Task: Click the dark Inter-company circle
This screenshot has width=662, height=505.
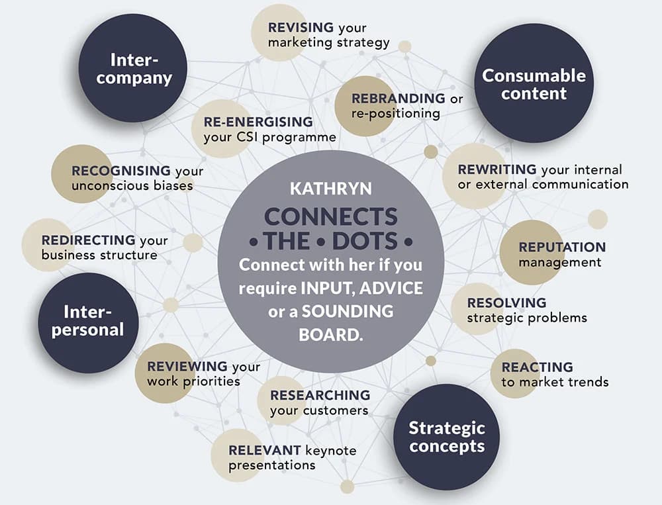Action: [133, 68]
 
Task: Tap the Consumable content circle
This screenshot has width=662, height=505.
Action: [534, 83]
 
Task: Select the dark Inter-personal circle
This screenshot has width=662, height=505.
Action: [88, 322]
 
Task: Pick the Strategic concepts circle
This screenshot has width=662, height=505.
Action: [446, 437]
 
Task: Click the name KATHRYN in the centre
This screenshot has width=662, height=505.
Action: [331, 189]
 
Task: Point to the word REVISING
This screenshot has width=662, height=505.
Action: [301, 27]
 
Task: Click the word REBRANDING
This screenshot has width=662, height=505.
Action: [398, 98]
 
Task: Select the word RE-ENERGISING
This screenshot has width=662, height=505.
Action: [258, 122]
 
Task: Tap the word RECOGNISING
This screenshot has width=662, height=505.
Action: [120, 171]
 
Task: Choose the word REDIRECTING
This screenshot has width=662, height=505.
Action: [88, 240]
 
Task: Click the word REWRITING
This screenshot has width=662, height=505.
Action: [497, 169]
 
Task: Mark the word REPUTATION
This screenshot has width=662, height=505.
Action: [562, 247]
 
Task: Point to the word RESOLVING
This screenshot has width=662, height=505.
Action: [506, 302]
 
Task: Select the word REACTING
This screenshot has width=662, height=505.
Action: [537, 367]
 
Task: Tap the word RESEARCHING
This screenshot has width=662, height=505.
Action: [320, 395]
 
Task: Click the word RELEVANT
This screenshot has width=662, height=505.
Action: [265, 450]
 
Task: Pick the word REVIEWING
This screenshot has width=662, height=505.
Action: [187, 366]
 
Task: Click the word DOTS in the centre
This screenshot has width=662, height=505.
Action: [365, 241]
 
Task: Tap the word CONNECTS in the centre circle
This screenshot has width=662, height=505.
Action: [330, 216]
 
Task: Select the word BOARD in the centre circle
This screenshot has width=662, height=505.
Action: [330, 335]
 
